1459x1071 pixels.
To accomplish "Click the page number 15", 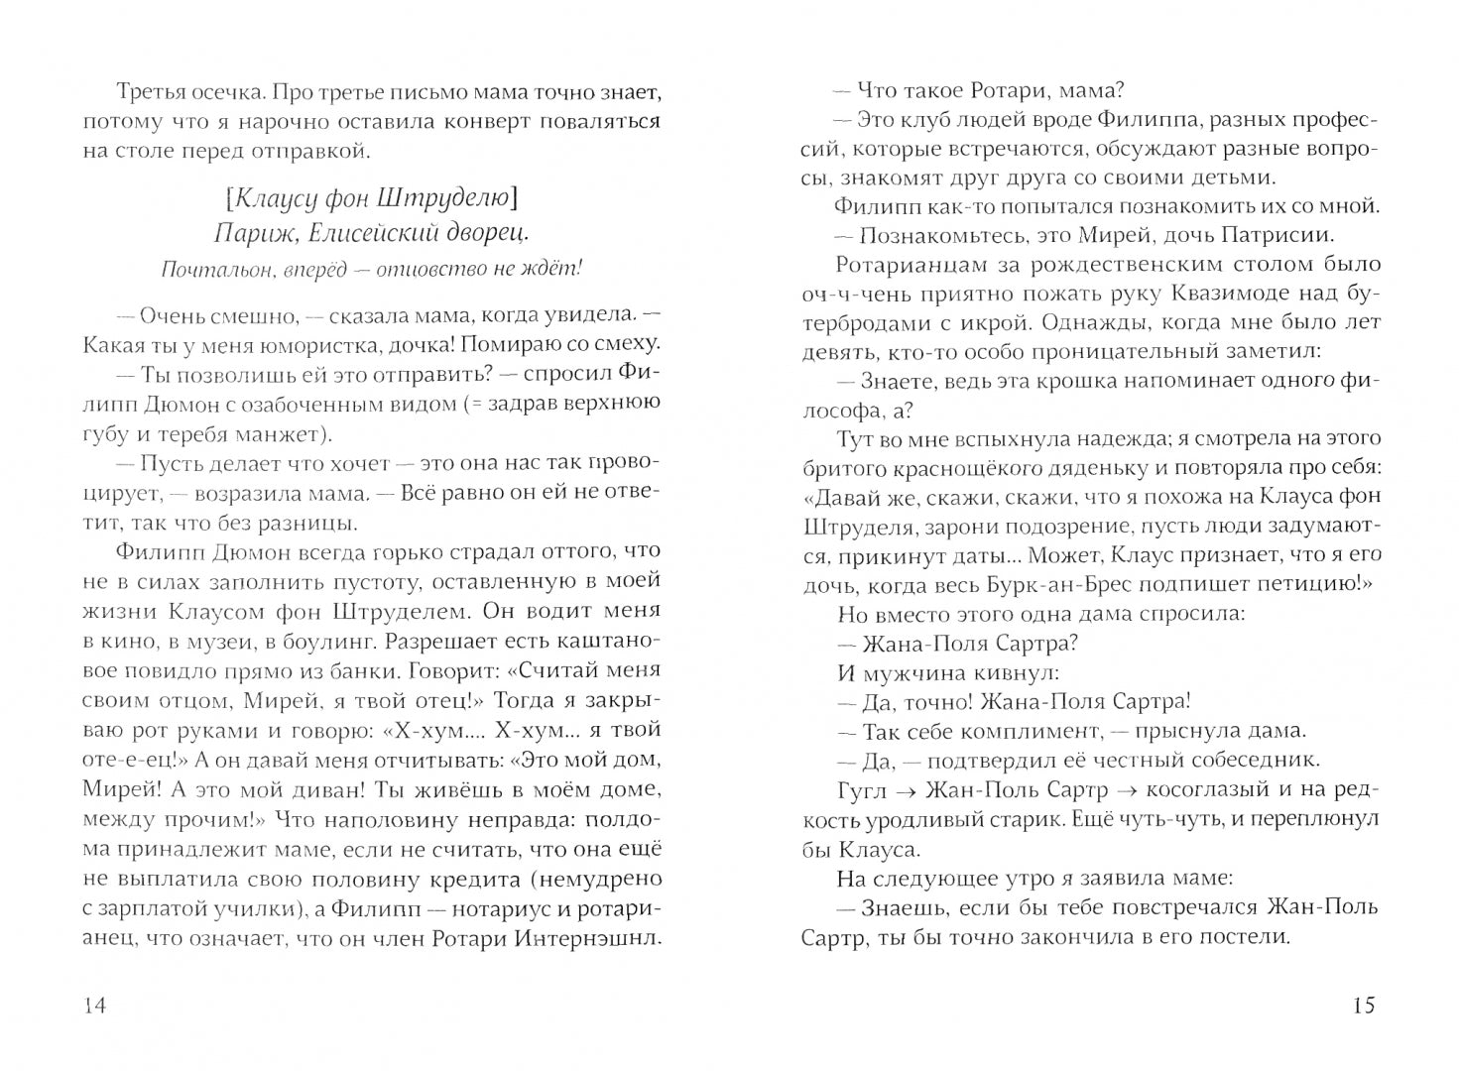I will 1364,1006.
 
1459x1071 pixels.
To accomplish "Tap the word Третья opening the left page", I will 149,92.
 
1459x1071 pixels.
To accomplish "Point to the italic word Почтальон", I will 206,268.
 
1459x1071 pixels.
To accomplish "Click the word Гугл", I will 860,789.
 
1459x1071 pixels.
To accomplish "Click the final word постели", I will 1242,935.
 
